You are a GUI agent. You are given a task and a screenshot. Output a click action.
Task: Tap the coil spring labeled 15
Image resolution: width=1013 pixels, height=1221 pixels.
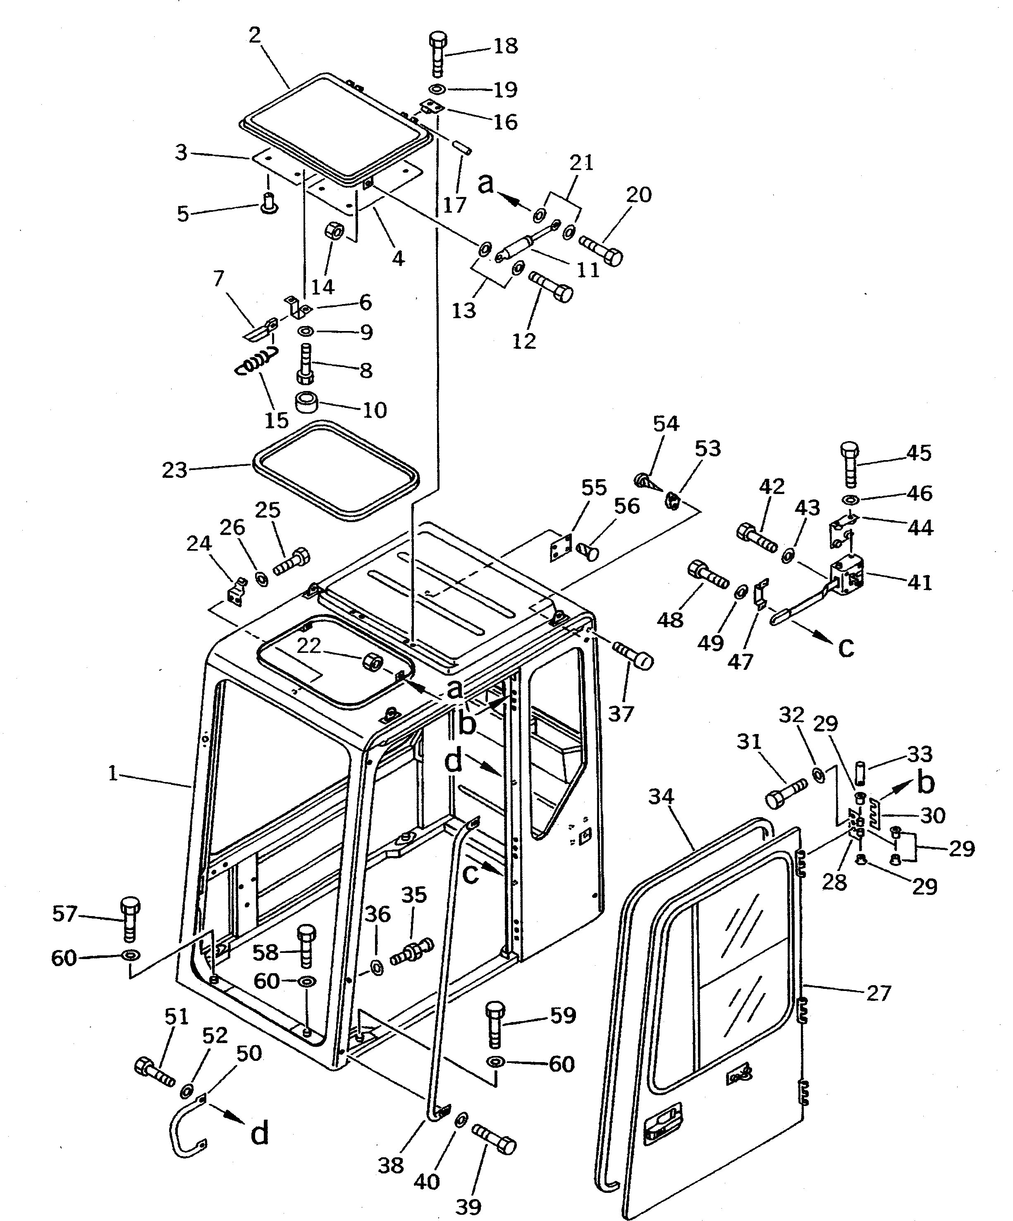coord(256,362)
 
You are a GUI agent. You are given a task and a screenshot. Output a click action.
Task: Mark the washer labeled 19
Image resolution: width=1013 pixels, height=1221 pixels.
coord(437,89)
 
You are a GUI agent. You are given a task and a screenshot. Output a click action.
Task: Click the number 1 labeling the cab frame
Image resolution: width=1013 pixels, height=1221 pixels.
coord(113,773)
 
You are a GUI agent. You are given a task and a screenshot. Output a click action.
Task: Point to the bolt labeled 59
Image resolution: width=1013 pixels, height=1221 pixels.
coord(495,1019)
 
